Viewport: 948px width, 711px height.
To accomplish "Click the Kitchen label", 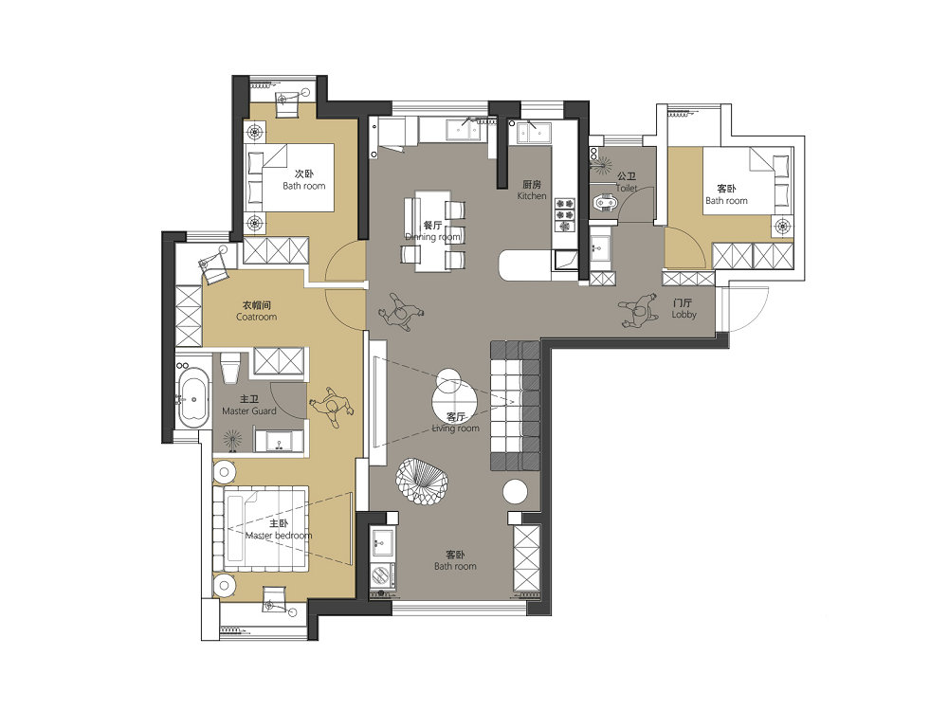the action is point(532,196).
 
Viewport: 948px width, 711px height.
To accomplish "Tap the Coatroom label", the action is point(256,317).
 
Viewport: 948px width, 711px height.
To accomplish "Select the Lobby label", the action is point(684,315).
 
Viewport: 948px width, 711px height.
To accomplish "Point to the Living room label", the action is point(455,428).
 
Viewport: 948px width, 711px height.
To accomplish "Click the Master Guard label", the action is point(249,411).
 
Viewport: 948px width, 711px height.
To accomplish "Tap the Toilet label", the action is point(627,188).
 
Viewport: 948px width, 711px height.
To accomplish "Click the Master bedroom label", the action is point(279,536).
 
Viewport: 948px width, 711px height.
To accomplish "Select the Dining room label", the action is point(433,236).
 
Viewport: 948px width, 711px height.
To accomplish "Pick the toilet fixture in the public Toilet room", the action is point(604,203).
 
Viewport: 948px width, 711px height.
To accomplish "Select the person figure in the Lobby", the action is point(638,310).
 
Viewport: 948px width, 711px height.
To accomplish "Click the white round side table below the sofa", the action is point(516,492).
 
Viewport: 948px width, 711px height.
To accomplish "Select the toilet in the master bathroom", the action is point(231,366).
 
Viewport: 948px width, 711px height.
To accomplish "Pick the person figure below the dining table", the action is point(400,312).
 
